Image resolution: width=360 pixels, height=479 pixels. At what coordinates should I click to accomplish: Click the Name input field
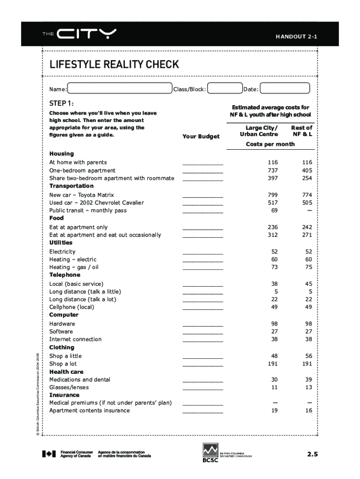(119, 88)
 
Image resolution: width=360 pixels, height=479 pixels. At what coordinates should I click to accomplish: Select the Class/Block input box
(224, 88)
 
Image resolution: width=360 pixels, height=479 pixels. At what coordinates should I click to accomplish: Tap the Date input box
(284, 88)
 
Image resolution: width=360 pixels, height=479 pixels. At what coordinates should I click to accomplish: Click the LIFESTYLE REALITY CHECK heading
(114, 65)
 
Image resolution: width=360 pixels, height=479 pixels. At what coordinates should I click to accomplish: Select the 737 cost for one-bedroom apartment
(273, 170)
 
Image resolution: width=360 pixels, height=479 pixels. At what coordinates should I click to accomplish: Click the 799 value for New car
(273, 195)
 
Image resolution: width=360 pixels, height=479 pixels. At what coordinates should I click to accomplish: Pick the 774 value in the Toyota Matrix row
(307, 195)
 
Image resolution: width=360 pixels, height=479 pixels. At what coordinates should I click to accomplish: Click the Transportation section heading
(72, 186)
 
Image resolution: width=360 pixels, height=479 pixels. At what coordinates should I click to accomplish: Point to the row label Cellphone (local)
(72, 307)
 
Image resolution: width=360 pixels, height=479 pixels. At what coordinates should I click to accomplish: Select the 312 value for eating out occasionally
(273, 235)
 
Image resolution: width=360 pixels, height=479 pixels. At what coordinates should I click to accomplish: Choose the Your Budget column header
(201, 136)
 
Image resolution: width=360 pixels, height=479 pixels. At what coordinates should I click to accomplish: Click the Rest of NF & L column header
(302, 131)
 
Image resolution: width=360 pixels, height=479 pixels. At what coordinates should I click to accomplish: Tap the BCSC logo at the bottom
(210, 453)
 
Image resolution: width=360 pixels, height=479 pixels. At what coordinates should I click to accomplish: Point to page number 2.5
(312, 453)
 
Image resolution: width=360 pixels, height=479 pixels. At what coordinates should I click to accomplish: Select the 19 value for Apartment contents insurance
(274, 410)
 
